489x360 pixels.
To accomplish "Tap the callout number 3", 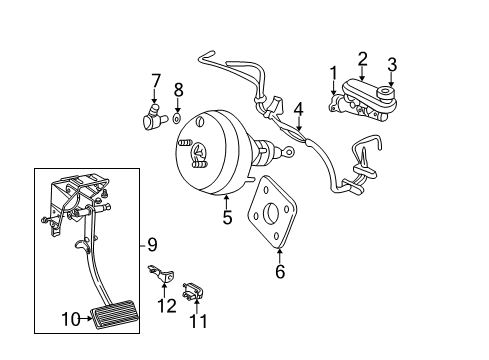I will pyautogui.click(x=392, y=66).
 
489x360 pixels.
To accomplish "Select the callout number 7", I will pyautogui.click(x=155, y=80).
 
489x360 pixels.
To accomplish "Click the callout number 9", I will pyautogui.click(x=153, y=244).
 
